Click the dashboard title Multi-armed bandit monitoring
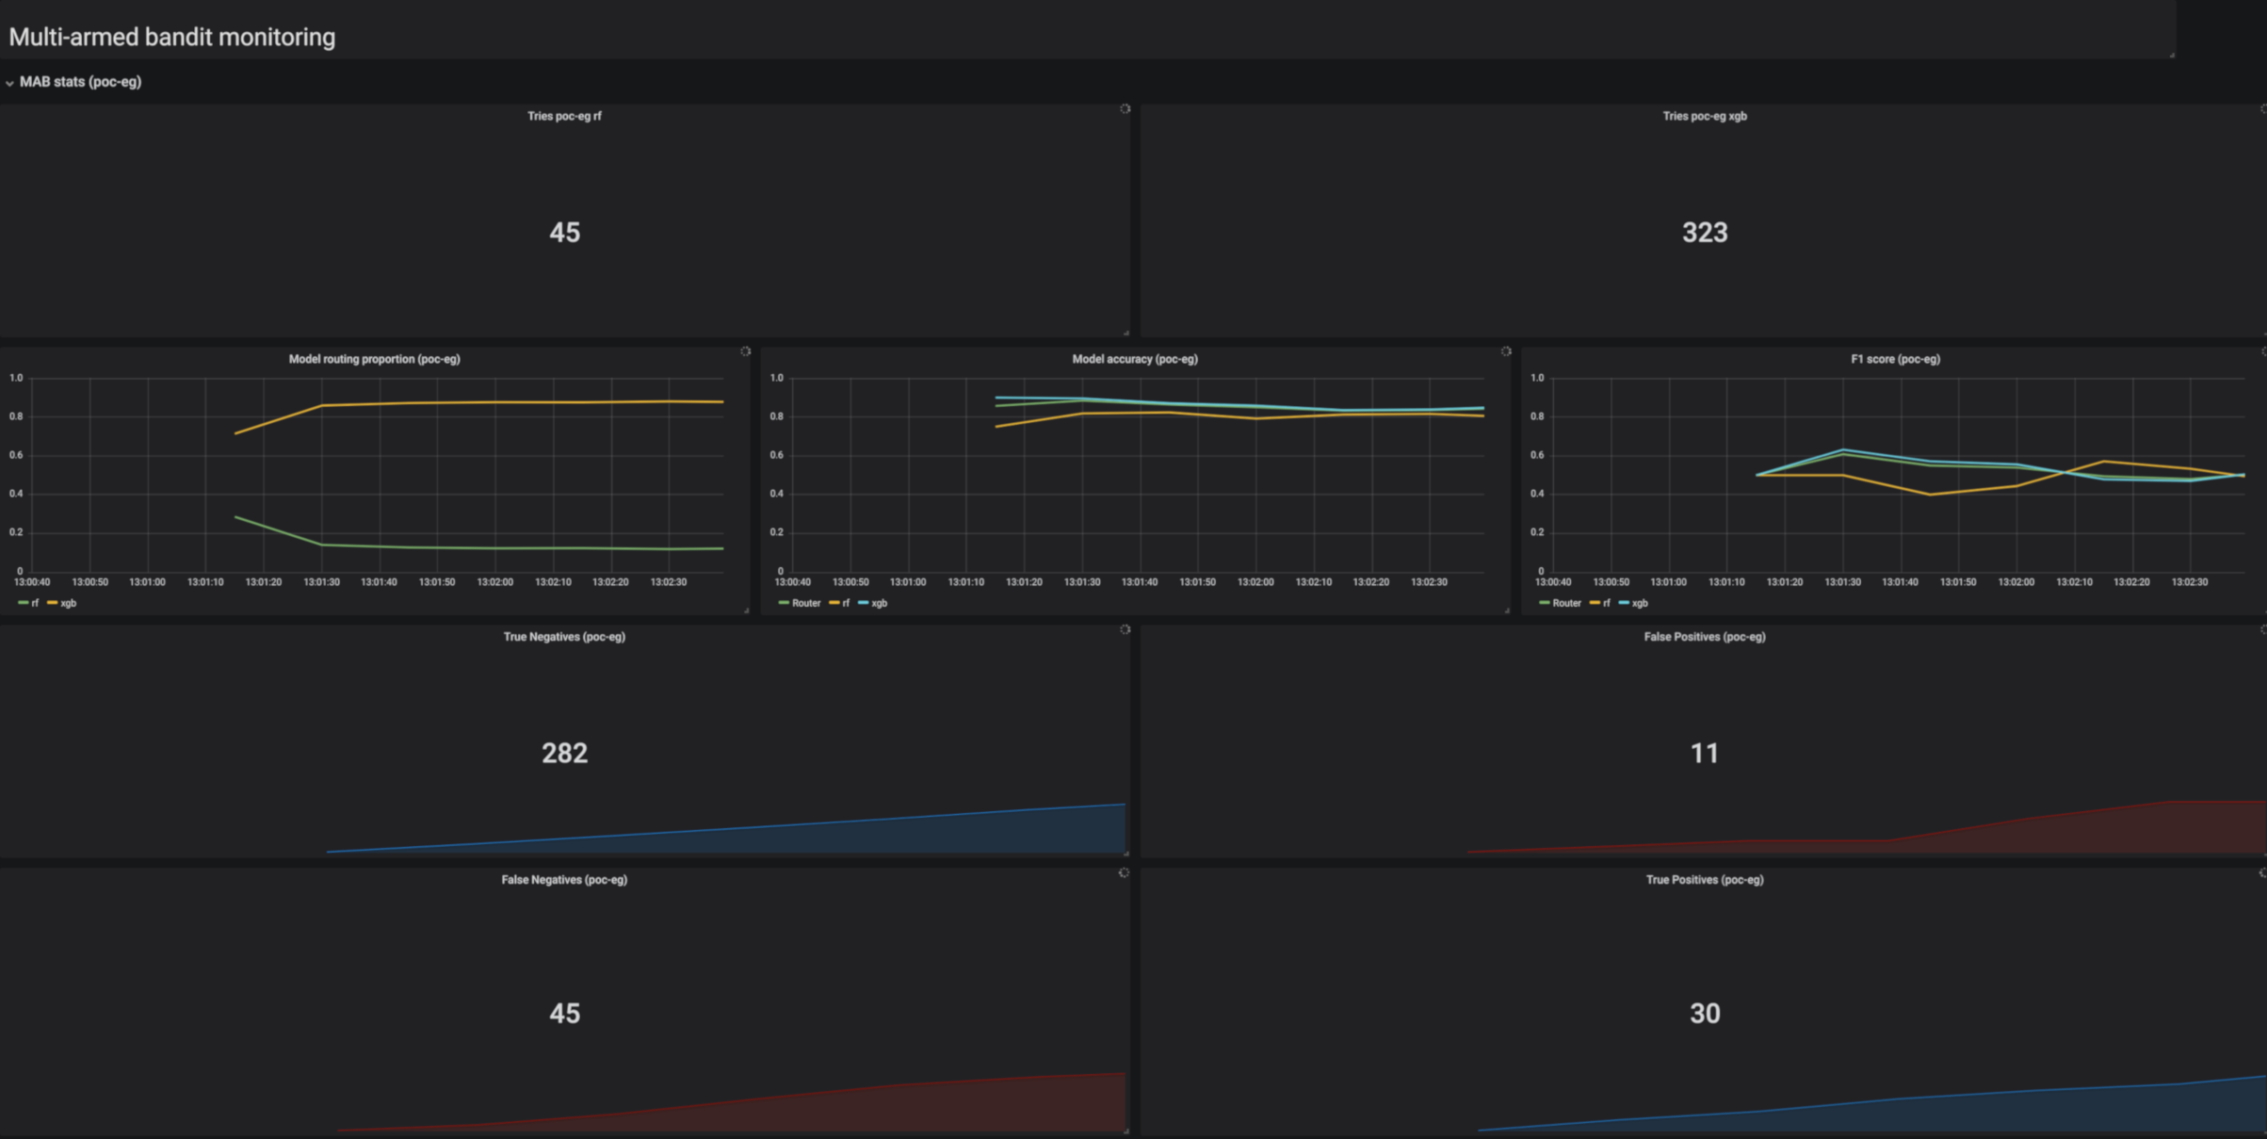point(171,37)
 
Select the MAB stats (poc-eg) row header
point(80,82)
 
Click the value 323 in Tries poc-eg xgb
point(1704,233)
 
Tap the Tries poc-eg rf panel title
point(564,116)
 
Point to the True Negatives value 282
point(564,753)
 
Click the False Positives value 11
point(1704,753)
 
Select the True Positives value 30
point(1704,1013)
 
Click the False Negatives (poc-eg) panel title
point(564,879)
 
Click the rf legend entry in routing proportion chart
point(34,603)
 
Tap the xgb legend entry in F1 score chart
point(1639,603)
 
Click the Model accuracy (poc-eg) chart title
point(1134,359)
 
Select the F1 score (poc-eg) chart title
point(1895,359)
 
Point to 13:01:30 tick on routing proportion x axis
point(321,582)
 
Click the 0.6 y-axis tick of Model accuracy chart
point(776,455)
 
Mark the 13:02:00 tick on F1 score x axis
point(2016,582)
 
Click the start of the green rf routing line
point(235,516)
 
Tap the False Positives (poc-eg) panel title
point(1704,637)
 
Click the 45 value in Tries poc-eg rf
point(564,233)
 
